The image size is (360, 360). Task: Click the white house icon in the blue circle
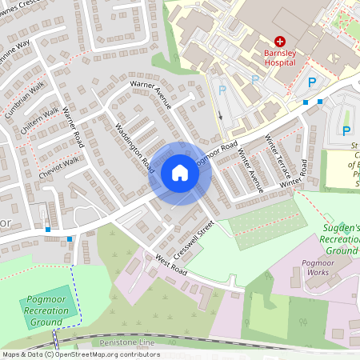pos(180,173)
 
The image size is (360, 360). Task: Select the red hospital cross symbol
pos(280,41)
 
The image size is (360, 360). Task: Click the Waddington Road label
pos(134,148)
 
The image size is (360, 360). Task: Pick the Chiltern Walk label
pos(40,121)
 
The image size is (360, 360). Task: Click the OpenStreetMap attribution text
pos(80,354)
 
